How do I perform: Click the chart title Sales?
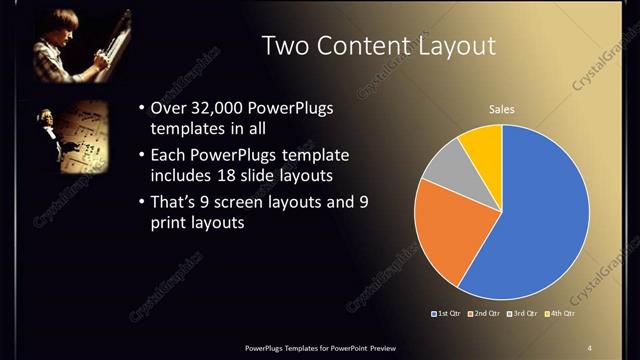point(501,109)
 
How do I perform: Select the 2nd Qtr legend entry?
point(485,314)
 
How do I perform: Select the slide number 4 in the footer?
point(589,346)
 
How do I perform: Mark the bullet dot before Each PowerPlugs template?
point(141,156)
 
